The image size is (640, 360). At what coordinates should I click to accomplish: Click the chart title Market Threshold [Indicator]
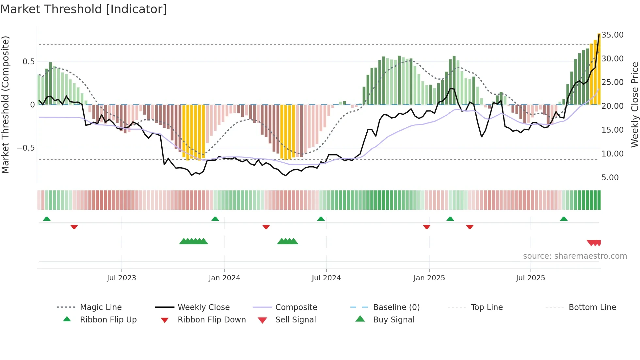(84, 9)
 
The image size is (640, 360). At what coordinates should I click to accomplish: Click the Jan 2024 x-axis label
(224, 278)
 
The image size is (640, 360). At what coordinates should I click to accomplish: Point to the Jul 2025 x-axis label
(530, 278)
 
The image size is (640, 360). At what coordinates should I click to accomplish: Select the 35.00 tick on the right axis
(612, 35)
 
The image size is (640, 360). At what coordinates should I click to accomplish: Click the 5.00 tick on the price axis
(610, 177)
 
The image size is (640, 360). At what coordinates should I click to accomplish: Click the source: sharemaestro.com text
(575, 256)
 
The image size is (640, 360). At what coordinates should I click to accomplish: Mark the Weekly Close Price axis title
(634, 105)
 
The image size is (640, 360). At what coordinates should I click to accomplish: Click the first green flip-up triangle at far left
(47, 219)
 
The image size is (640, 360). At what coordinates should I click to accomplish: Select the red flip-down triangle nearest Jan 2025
(426, 227)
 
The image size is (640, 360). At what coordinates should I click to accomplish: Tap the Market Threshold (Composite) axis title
(5, 105)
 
